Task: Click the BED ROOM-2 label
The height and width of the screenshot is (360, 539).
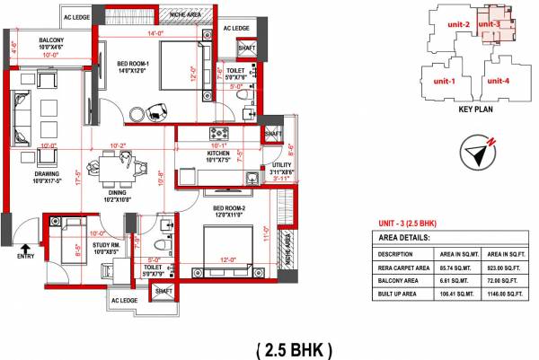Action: pyautogui.click(x=229, y=208)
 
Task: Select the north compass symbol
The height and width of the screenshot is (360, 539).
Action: pyautogui.click(x=480, y=150)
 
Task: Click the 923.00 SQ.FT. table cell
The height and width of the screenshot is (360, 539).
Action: pyautogui.click(x=499, y=267)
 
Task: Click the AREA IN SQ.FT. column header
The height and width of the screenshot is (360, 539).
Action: pyautogui.click(x=499, y=254)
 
